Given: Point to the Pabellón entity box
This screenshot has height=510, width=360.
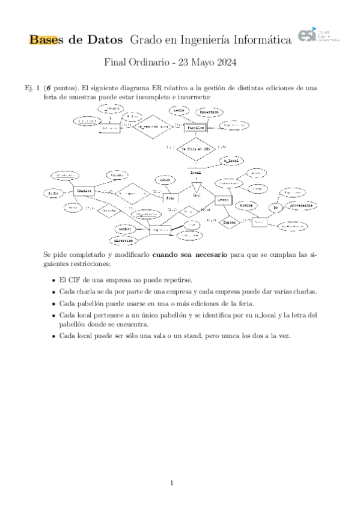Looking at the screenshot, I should (195, 128).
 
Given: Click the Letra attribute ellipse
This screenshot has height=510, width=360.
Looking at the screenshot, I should (179, 111).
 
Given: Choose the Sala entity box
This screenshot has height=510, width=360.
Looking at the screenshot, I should (171, 197).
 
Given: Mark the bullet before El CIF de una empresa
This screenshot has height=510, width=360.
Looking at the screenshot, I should (53, 281).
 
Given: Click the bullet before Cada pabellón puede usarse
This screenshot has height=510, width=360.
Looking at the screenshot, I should (53, 304).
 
